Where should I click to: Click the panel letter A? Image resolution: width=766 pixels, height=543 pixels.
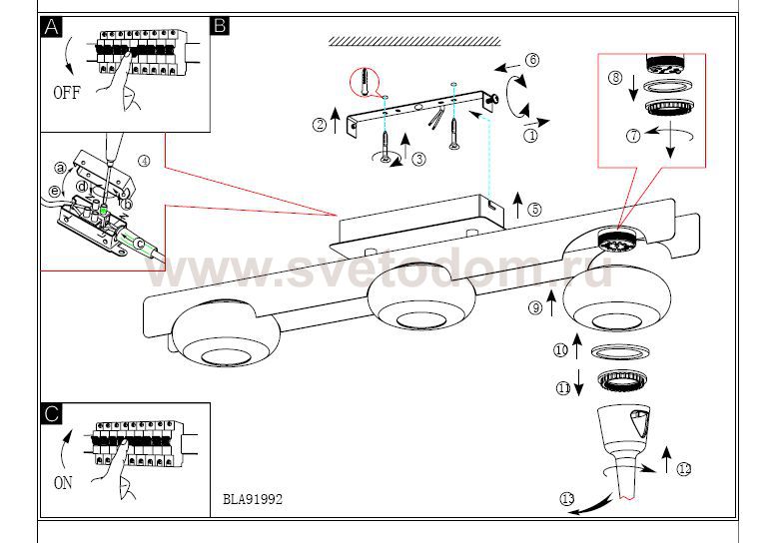[x=51, y=27]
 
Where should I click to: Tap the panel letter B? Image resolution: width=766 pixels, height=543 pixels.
[x=220, y=25]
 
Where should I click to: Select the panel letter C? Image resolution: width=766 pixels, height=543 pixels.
[x=51, y=413]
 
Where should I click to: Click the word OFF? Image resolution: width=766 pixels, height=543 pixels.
[x=67, y=92]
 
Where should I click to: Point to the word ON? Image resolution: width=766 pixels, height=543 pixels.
[x=63, y=483]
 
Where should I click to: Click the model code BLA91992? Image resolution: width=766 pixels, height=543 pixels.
[x=253, y=499]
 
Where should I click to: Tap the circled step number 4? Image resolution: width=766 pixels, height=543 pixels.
[x=144, y=161]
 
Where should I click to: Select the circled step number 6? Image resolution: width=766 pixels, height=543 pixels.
[x=532, y=60]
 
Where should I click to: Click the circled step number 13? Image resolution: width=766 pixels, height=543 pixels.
[x=567, y=499]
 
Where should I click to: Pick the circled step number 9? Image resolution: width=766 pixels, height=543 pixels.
[x=535, y=307]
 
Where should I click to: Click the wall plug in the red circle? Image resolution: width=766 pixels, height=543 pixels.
[x=365, y=82]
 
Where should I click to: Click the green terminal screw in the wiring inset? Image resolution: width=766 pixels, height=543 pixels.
[x=104, y=210]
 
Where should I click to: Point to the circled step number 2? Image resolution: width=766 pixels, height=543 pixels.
[x=320, y=124]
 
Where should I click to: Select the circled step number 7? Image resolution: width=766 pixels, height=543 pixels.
[x=633, y=135]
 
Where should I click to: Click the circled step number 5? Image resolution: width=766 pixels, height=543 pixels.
[x=535, y=209]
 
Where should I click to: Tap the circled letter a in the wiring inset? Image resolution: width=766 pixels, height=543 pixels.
[x=60, y=168]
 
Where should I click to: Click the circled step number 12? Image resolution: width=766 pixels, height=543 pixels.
[x=684, y=469]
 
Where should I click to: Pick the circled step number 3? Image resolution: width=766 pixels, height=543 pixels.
[x=418, y=159]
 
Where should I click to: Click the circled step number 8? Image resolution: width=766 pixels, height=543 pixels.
[x=615, y=78]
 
